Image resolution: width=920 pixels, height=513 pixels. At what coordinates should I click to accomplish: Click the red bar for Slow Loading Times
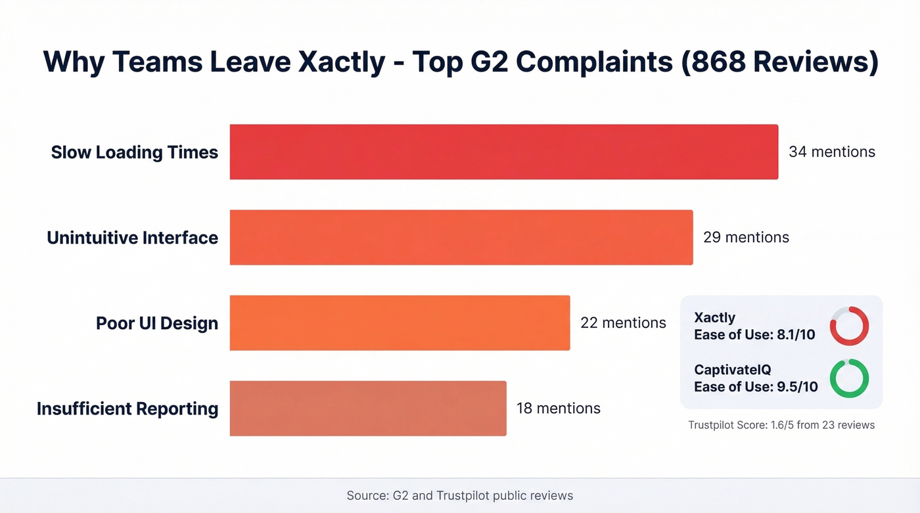[503, 152]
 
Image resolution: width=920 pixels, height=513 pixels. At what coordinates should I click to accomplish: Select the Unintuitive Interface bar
[461, 237]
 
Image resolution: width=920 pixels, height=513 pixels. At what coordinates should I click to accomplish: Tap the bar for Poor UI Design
[400, 323]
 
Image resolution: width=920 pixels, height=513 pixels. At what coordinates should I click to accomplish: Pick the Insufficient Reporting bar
[368, 408]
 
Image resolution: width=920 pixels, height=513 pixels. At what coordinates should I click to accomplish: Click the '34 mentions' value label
[832, 152]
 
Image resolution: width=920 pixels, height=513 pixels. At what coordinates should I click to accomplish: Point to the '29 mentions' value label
[746, 237]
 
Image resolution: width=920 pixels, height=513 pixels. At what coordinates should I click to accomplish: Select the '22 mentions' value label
[623, 323]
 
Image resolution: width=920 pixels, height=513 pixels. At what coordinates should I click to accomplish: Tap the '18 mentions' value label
[559, 408]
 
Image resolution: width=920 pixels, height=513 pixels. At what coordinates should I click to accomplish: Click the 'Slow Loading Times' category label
[135, 152]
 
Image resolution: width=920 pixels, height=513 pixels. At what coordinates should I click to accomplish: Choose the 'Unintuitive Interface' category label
[132, 238]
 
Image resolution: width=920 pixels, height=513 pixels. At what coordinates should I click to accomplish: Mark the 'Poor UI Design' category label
[157, 323]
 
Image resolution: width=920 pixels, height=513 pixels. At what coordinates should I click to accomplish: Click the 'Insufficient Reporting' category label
[127, 409]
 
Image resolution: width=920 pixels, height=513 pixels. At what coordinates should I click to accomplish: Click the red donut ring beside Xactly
[849, 326]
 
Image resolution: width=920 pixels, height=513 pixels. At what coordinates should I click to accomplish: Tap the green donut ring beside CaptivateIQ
[849, 378]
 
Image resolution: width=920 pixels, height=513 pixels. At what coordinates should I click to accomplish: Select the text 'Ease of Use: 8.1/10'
[754, 334]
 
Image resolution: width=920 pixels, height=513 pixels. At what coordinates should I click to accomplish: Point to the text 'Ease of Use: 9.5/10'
[756, 386]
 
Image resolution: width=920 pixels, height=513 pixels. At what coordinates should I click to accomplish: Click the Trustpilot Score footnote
[781, 425]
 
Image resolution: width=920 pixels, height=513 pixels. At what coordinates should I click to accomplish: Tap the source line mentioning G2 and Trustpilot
[460, 495]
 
